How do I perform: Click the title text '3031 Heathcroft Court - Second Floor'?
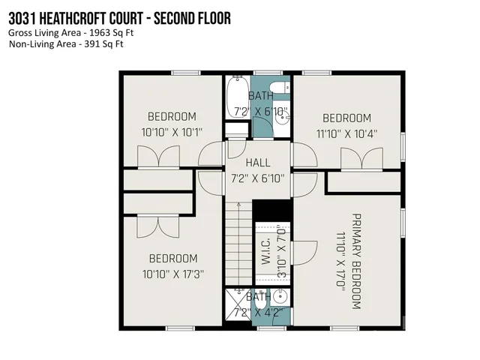pyautogui.click(x=119, y=19)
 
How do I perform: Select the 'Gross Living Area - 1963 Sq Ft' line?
pyautogui.click(x=65, y=33)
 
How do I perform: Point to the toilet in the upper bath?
pyautogui.click(x=277, y=89)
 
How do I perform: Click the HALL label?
pyautogui.click(x=258, y=162)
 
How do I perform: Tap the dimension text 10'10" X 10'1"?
pyautogui.click(x=172, y=132)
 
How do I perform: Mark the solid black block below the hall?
pyautogui.click(x=270, y=209)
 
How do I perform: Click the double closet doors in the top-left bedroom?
pyautogui.click(x=158, y=157)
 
